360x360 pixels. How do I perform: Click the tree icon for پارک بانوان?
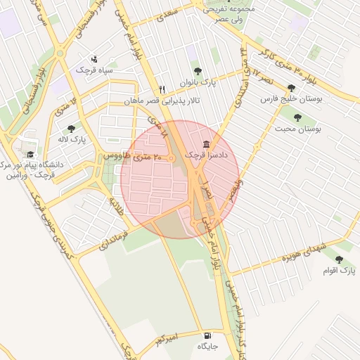coord(198,71)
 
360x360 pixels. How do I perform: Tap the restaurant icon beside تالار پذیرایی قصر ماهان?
coord(162,89)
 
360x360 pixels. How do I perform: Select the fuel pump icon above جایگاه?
coord(207,335)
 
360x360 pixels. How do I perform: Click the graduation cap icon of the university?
coord(30,155)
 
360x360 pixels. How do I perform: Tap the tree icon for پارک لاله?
coord(70,129)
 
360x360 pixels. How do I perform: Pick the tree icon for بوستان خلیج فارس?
coord(291,89)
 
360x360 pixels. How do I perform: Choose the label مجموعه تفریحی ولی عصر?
coord(227,15)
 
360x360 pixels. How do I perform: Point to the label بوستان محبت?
coord(298,129)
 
